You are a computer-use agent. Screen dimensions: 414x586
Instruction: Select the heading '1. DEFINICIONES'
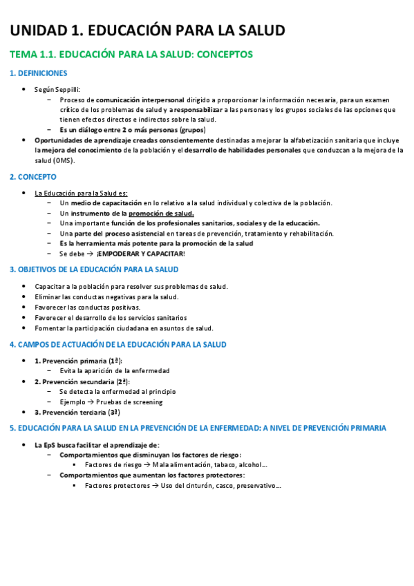tap(38, 73)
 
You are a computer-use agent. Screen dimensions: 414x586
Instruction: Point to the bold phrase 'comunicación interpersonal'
tap(138, 100)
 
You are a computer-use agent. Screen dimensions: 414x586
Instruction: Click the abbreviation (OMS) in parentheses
tap(64, 160)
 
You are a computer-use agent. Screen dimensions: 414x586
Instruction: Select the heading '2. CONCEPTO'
tap(32, 177)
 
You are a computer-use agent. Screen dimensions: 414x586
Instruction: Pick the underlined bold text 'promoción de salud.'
tap(161, 214)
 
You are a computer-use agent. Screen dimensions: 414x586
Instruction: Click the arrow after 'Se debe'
tap(90, 254)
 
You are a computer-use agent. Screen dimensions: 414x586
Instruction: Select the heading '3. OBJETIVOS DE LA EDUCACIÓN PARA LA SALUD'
tap(94, 270)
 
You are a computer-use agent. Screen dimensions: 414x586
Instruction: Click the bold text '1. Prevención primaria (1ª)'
tap(78, 361)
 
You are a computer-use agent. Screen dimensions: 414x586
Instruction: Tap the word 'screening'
tap(147, 401)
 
